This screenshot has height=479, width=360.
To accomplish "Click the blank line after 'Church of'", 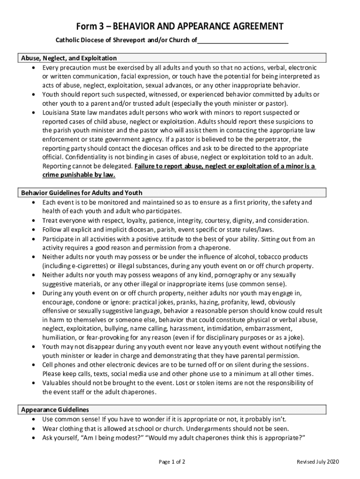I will coord(243,41).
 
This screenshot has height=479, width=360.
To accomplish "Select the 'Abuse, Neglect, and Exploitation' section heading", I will coord(69,58).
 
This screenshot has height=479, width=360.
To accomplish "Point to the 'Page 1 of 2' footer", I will coord(172,462).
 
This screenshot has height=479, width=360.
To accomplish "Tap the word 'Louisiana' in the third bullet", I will coord(56,113).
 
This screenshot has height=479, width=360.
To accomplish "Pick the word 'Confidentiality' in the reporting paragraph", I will coord(86,157).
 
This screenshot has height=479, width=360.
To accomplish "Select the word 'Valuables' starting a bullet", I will coord(56,383).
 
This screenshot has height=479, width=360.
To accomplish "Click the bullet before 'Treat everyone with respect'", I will coord(35,221).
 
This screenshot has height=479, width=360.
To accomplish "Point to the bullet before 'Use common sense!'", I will coord(35,419).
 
